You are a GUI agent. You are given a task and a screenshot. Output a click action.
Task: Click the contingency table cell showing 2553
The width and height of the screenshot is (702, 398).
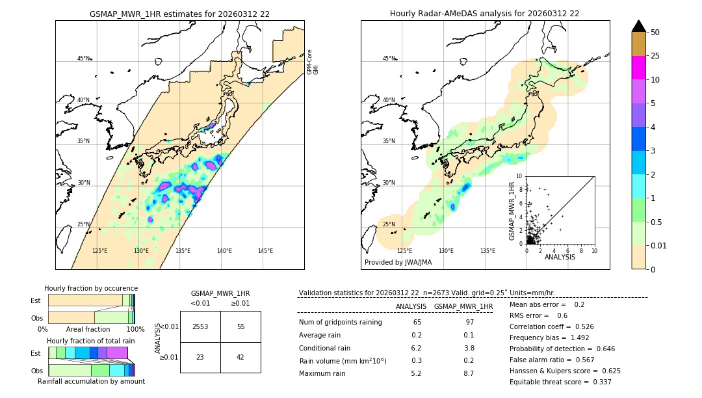[x=200, y=326]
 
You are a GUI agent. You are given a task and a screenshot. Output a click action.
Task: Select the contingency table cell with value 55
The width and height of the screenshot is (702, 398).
[x=240, y=326]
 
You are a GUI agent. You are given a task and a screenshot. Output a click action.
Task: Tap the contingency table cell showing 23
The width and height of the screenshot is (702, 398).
[x=200, y=357]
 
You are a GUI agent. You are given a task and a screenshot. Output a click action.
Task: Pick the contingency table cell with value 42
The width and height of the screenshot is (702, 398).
[x=240, y=357]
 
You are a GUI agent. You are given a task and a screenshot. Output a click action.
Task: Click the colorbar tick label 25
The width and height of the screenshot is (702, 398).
[x=655, y=56]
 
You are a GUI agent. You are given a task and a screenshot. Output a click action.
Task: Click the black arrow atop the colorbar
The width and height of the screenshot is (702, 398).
[x=639, y=26]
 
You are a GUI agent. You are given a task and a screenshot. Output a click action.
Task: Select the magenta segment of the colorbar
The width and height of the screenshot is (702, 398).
[x=639, y=68]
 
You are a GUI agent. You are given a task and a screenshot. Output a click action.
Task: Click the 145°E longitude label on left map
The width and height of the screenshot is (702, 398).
[x=265, y=251]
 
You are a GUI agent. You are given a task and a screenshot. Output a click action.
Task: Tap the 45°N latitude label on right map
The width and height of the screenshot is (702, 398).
[x=389, y=59]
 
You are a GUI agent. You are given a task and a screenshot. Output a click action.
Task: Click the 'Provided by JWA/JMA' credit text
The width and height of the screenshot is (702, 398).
[x=398, y=263]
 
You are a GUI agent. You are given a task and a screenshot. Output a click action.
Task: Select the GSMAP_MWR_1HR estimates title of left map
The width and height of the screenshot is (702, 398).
[x=179, y=14]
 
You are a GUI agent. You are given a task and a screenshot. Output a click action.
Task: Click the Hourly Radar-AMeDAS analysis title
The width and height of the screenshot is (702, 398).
[x=484, y=14]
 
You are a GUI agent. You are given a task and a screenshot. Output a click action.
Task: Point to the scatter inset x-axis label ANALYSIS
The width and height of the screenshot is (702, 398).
[x=560, y=258]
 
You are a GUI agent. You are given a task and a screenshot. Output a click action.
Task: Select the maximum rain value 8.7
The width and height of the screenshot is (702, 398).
[x=468, y=373]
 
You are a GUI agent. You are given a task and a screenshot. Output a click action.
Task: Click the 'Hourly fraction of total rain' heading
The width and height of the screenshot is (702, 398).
[x=91, y=341]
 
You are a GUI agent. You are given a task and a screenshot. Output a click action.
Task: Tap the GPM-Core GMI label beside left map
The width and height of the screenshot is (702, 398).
[x=313, y=62]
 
